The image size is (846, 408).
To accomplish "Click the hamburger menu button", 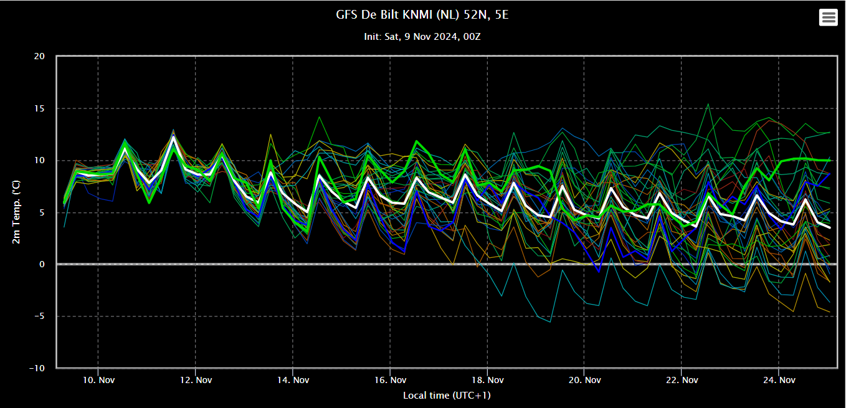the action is (x=829, y=17).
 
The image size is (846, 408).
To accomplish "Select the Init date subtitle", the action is (x=422, y=37).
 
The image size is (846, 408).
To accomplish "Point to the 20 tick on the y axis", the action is (x=39, y=56).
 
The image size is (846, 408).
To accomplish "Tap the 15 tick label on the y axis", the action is (x=39, y=108).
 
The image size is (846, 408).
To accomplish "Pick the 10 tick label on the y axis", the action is (x=39, y=160).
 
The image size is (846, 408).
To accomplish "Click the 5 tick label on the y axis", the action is (x=42, y=212).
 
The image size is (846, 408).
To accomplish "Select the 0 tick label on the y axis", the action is (x=42, y=265).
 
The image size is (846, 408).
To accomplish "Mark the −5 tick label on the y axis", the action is (x=39, y=316).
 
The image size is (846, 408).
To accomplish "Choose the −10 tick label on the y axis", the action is (x=37, y=368).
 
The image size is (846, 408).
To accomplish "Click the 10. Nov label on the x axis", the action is (x=98, y=380).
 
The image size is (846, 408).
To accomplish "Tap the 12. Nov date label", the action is (x=196, y=380).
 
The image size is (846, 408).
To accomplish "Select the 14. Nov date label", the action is (x=293, y=380).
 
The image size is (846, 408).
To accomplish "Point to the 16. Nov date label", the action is (x=391, y=380).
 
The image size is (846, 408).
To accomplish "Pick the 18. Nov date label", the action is (x=488, y=380).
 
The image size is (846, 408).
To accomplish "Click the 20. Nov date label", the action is (x=584, y=380).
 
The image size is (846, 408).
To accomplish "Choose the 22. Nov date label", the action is (x=682, y=380).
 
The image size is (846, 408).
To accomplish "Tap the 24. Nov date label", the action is (x=779, y=380).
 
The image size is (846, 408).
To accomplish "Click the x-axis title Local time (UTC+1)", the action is (x=447, y=396).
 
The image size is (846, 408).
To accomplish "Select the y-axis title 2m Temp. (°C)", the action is (x=16, y=212).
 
